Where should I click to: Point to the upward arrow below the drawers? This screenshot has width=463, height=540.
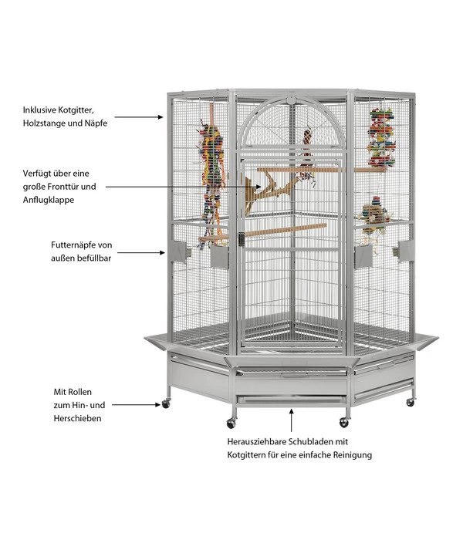(x=292, y=421)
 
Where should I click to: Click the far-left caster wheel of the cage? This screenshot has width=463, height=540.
(x=165, y=403)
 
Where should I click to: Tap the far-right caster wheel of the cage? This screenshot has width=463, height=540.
(x=411, y=403)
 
